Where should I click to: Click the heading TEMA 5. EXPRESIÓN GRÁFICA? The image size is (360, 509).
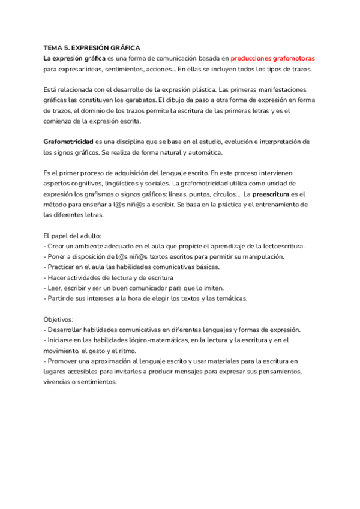coord(92,47)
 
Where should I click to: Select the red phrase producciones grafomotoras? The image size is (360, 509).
coord(273,58)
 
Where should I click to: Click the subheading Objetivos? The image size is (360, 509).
coord(58,319)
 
